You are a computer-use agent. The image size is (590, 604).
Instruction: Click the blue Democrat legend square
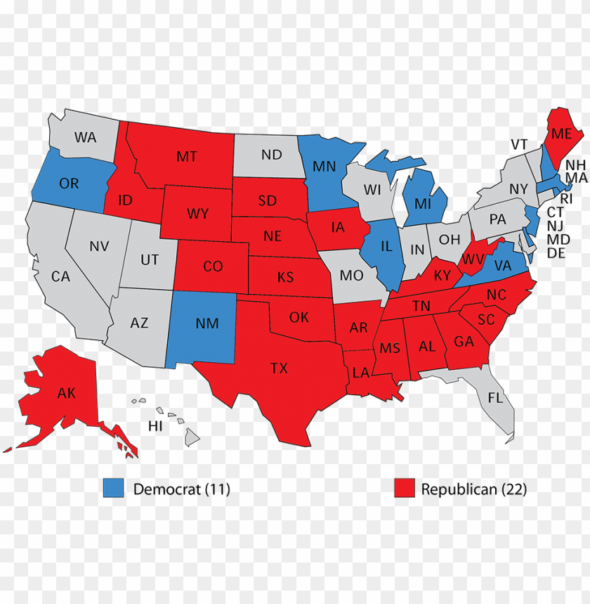pos(113,488)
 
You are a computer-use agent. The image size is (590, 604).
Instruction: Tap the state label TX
pos(279,368)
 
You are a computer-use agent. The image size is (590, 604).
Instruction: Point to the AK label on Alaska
pos(67,393)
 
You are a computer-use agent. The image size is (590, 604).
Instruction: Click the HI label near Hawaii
pos(155,426)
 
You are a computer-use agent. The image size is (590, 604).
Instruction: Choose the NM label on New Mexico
pos(208,323)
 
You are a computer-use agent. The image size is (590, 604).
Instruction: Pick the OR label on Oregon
pos(69,184)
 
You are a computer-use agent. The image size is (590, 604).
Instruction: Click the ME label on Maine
pos(560,134)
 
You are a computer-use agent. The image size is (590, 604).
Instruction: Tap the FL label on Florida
pos(495,398)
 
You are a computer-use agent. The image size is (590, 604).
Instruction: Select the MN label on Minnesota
pos(324,167)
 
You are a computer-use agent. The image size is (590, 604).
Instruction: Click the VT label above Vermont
pos(519,144)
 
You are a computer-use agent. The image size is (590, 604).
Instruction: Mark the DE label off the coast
pos(556,253)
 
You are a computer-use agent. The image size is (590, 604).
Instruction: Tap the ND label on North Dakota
pos(272,155)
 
